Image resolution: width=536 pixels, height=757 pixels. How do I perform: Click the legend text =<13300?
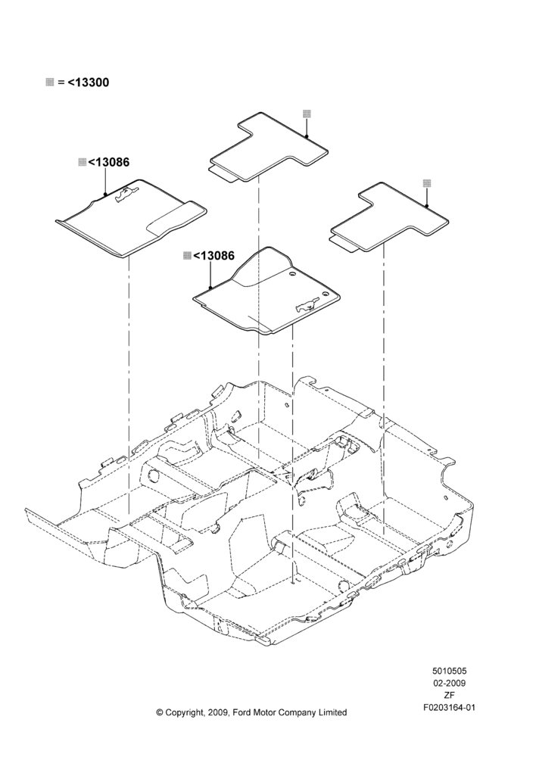(83, 83)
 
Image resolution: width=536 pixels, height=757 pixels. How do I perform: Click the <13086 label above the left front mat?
(109, 162)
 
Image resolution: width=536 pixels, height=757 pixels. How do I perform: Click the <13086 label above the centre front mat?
(214, 255)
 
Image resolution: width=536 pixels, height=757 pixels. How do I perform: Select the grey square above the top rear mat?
(307, 114)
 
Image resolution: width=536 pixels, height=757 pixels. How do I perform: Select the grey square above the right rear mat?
(427, 183)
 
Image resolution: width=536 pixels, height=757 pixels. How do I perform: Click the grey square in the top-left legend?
(49, 82)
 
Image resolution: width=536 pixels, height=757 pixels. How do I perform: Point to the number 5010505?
(449, 671)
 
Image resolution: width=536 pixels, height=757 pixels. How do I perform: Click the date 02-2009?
(449, 683)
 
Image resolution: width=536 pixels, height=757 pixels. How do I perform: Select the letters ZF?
(449, 695)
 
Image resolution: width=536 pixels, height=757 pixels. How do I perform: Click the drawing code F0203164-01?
(449, 708)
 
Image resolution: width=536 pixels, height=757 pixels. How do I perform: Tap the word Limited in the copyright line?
(332, 712)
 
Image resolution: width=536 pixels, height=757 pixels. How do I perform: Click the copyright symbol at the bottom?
(160, 712)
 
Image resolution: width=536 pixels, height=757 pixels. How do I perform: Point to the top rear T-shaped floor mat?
(269, 148)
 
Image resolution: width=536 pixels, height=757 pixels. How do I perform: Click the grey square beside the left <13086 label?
(82, 162)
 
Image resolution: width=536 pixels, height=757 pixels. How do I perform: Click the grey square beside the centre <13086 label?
(187, 255)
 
